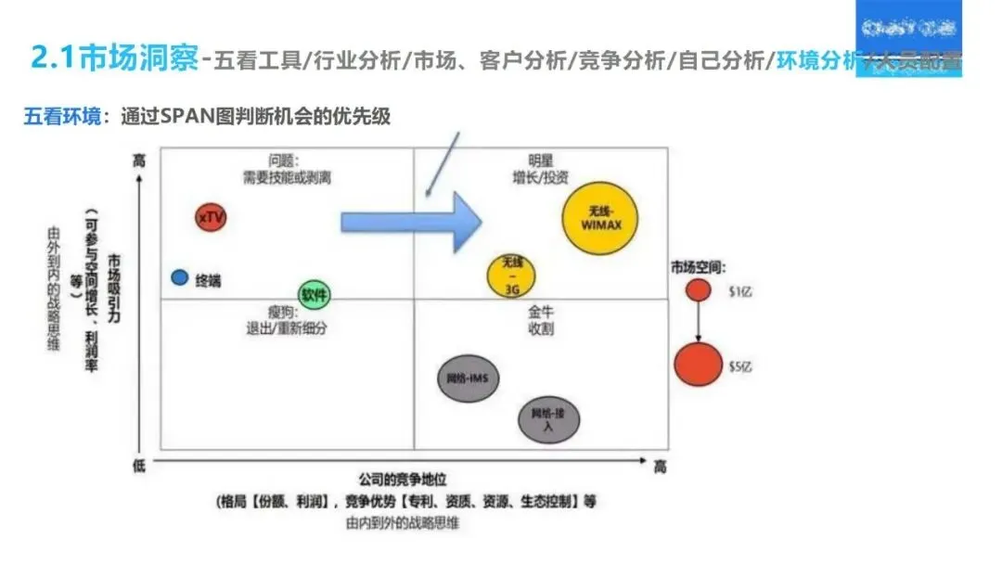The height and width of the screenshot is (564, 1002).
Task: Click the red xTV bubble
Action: pos(212,217)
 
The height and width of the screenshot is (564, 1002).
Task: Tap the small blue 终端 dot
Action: pos(180,278)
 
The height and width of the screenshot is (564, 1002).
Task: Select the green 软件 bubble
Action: pos(314,295)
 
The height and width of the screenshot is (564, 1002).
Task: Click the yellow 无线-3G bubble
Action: pos(512,275)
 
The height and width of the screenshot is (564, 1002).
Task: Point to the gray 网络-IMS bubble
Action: pos(469,378)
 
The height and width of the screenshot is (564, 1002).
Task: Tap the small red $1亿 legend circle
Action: pos(698,290)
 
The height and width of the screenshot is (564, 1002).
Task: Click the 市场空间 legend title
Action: pos(699,267)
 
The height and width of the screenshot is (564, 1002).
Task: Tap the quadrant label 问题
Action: pos(286,160)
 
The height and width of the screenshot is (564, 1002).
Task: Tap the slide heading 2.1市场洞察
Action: pos(114,59)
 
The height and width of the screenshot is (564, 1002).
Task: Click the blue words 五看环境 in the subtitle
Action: pos(61,118)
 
